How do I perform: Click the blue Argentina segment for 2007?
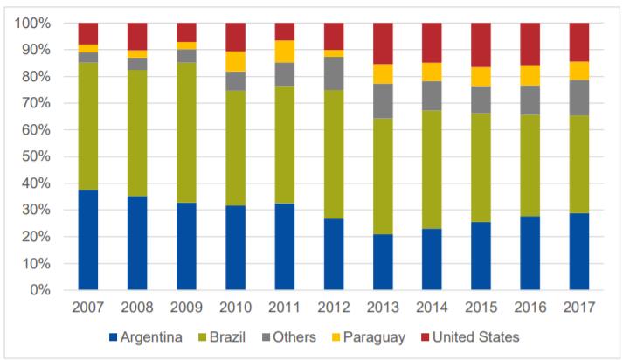[x=88, y=239]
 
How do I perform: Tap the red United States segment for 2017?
[x=579, y=42]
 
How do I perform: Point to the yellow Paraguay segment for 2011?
[x=285, y=52]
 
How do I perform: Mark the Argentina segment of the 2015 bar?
[x=481, y=256]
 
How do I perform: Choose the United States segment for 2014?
[x=432, y=43]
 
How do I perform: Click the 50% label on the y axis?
[x=35, y=156]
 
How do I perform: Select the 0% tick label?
[x=38, y=290]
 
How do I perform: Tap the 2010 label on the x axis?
[x=235, y=309]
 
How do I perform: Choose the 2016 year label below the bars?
[x=530, y=309]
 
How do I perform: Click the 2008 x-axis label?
[x=137, y=309]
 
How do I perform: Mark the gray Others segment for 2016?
[x=530, y=100]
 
